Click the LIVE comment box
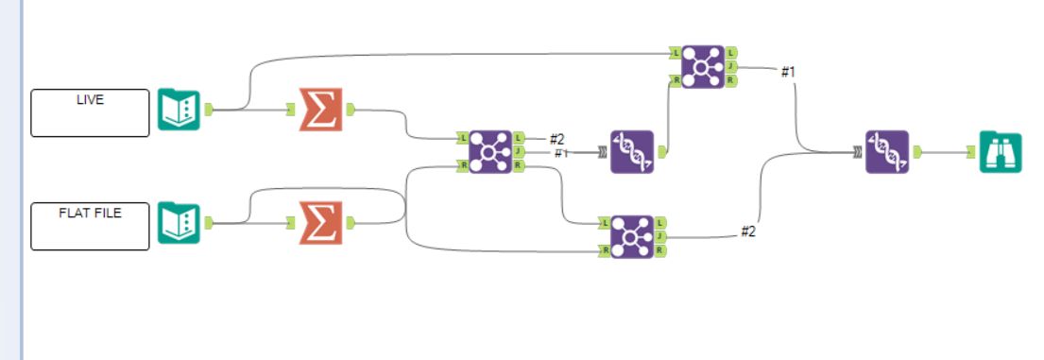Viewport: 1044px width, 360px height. coord(90,112)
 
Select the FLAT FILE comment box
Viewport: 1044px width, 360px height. coord(90,227)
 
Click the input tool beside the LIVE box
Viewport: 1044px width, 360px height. coord(180,110)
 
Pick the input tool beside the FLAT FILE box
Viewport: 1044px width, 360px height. coord(180,223)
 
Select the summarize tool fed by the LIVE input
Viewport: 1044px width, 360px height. coord(320,110)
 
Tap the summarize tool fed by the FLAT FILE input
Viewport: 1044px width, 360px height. coord(320,223)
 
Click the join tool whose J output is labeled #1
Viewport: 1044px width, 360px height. coord(703,66)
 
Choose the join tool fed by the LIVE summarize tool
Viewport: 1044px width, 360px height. coord(490,151)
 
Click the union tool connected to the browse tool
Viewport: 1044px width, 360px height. coord(886,151)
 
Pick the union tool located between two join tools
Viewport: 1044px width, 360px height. coord(631,151)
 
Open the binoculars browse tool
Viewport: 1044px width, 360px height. coord(1000,151)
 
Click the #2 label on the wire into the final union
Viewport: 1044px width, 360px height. coord(747,231)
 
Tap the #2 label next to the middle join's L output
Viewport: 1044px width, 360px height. coord(556,139)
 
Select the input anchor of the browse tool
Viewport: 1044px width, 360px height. coord(971,151)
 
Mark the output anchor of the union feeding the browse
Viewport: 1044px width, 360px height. coord(916,151)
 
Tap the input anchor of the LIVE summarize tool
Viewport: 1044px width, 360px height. coord(292,110)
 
